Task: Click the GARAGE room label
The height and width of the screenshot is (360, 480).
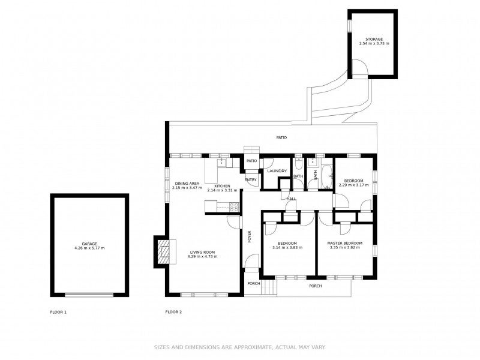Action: click(89, 244)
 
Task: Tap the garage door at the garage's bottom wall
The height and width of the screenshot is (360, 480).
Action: click(89, 295)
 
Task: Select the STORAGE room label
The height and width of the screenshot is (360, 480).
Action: click(374, 40)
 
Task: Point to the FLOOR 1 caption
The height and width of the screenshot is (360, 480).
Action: click(58, 312)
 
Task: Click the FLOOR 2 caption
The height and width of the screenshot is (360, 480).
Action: click(173, 312)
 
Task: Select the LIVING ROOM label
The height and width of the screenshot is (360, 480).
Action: click(202, 253)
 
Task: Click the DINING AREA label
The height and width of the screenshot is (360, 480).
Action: click(187, 184)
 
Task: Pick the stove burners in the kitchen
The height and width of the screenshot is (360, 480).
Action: click(234, 207)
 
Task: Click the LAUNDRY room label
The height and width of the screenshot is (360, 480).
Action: click(277, 171)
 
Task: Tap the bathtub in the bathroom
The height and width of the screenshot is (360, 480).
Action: click(327, 177)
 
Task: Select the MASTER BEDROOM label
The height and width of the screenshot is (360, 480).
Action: click(344, 244)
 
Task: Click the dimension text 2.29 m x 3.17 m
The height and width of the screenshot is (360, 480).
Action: click(353, 185)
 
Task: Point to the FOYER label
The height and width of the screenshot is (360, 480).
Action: click(250, 236)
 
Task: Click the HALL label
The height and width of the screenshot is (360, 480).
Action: click(291, 199)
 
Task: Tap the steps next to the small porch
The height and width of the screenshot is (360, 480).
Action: click(269, 288)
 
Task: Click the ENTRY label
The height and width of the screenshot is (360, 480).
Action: click(250, 180)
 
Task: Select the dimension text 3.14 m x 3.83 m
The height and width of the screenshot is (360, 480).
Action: click(287, 248)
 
